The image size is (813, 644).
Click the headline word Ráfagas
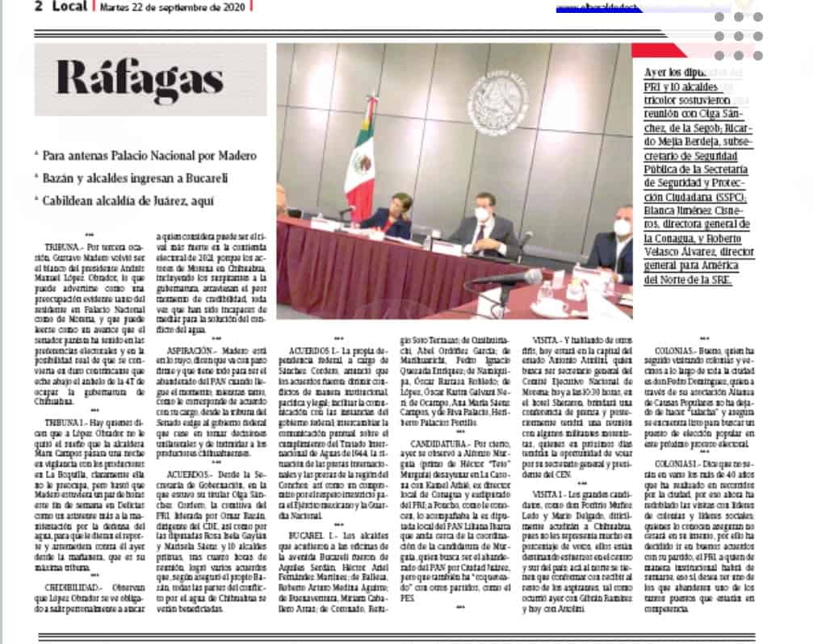click(x=139, y=79)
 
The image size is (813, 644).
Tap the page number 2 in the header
click(x=37, y=6)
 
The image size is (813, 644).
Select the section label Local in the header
click(x=69, y=6)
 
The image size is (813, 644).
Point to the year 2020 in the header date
click(x=231, y=7)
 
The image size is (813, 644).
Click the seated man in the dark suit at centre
click(x=482, y=225)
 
